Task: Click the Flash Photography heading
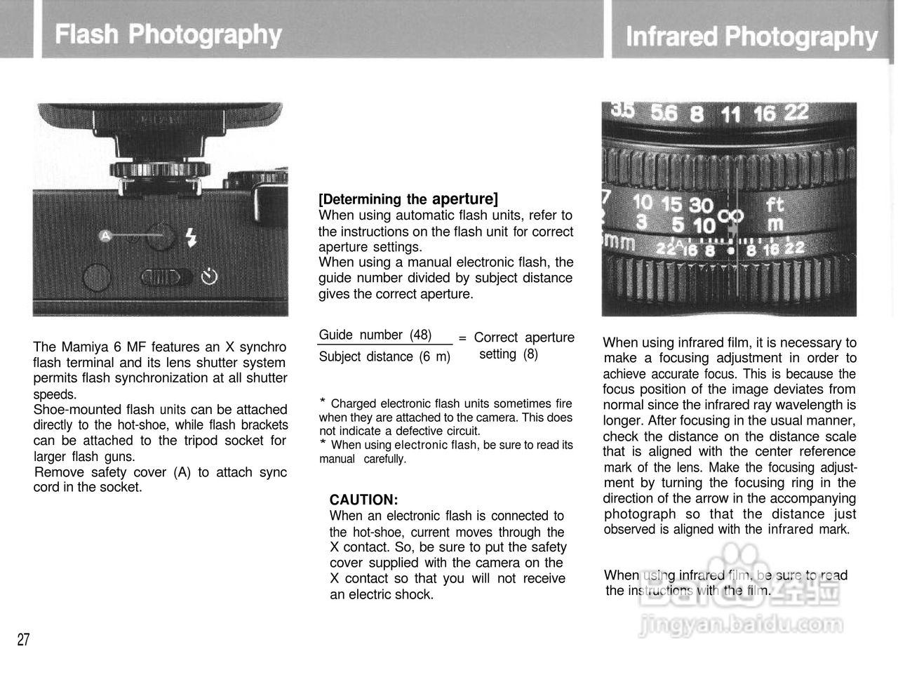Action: [168, 34]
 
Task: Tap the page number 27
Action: [23, 639]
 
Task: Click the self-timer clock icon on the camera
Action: [209, 277]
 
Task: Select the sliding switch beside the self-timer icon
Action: [166, 278]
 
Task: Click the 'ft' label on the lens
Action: [775, 205]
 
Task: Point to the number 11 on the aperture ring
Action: [730, 114]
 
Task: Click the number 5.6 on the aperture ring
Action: [664, 112]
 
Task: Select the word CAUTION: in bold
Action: [363, 500]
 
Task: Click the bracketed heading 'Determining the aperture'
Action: [408, 199]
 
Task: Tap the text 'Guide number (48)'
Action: [375, 335]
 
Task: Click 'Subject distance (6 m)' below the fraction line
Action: [384, 356]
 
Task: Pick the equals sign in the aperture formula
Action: [462, 338]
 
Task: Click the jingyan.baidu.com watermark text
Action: [741, 624]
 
